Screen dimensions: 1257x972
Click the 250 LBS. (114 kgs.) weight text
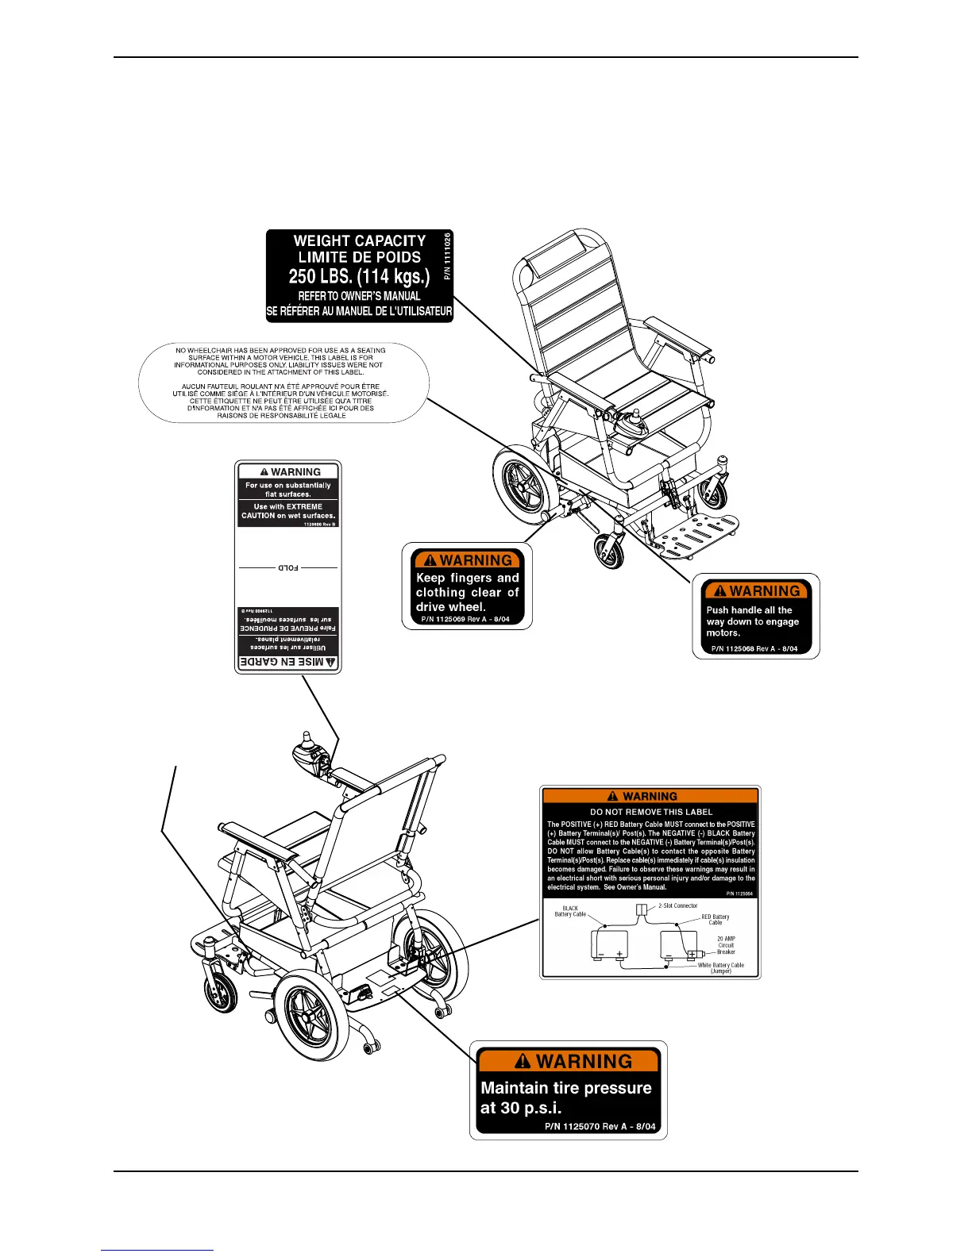point(359,276)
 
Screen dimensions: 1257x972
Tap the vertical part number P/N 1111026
point(447,256)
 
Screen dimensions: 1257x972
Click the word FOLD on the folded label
point(287,568)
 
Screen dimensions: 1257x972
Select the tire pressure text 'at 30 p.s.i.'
point(520,1108)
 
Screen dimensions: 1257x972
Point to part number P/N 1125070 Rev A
point(600,1127)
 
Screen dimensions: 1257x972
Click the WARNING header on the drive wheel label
point(467,560)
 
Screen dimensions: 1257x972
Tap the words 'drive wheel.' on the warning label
point(450,607)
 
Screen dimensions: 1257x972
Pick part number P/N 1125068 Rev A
point(754,648)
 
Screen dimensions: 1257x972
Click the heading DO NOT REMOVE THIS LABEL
point(651,812)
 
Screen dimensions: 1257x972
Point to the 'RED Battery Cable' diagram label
point(715,920)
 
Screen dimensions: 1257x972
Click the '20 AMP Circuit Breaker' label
point(726,945)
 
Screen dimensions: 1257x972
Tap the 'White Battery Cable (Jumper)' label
point(720,968)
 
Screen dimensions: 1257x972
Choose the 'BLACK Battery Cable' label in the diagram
point(570,911)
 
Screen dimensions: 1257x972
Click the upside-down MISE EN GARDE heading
point(288,662)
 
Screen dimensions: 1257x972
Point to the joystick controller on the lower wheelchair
point(306,751)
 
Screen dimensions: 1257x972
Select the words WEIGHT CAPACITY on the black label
point(359,240)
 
